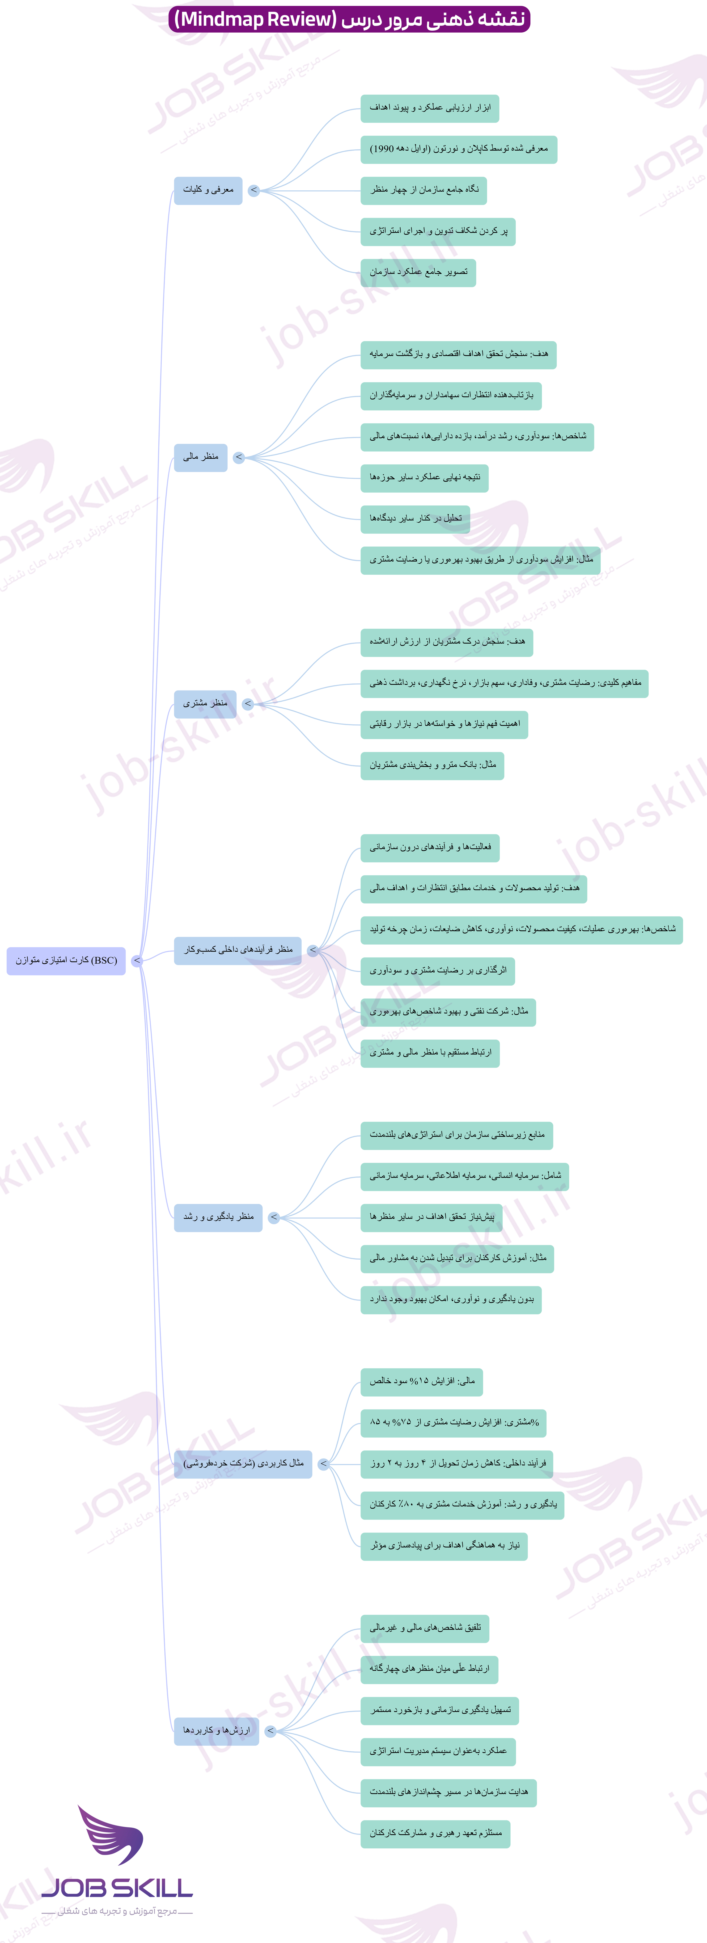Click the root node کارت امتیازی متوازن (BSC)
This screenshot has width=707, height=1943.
[x=66, y=960]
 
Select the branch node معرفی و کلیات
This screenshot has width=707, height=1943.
[x=208, y=190]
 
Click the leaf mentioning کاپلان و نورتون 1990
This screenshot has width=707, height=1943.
[x=459, y=149]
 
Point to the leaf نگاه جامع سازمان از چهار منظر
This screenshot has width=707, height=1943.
[x=423, y=190]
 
